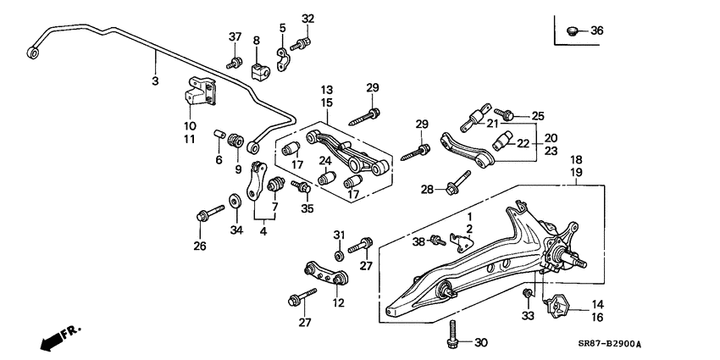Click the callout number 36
click(x=596, y=31)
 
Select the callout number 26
click(x=199, y=247)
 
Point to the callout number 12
click(x=338, y=302)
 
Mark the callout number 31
click(x=338, y=235)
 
